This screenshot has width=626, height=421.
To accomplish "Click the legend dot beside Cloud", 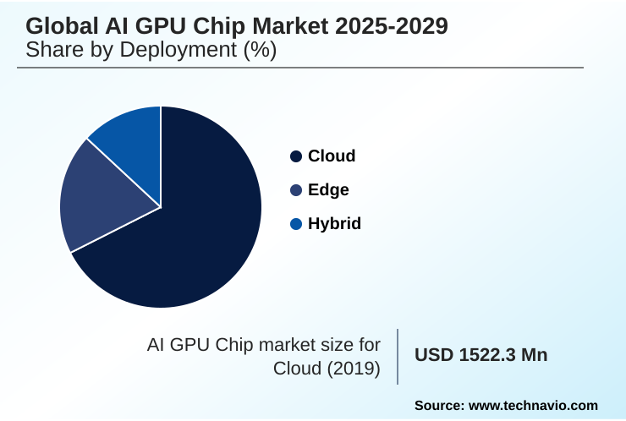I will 296,156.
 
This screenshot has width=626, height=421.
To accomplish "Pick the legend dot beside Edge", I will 296,190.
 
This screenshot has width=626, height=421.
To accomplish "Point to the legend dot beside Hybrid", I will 296,224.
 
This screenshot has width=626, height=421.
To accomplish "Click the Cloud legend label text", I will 332,156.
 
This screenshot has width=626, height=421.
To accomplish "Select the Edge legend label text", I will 328,190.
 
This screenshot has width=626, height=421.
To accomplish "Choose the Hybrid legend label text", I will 334,224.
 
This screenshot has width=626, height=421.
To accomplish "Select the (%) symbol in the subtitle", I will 261,51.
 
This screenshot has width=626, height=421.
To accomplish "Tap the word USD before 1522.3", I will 432,355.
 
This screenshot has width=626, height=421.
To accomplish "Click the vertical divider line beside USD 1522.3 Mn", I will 398,356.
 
